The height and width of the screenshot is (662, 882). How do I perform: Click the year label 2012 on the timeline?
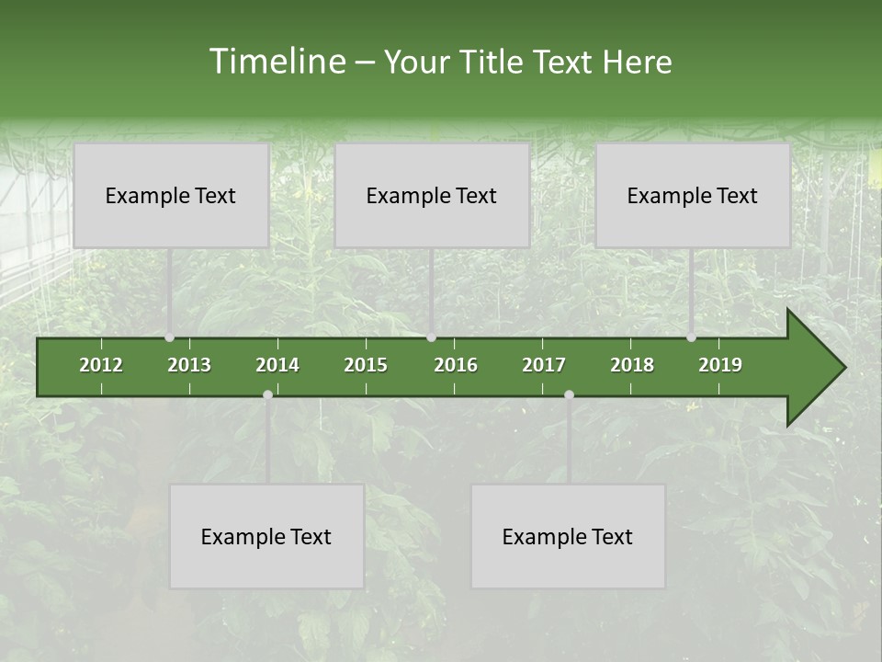click(101, 365)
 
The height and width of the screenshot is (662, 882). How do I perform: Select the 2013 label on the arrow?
click(189, 365)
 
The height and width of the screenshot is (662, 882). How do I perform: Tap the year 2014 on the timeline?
click(277, 365)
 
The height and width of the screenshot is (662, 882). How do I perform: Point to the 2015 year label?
click(366, 365)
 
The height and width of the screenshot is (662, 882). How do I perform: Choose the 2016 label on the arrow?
click(456, 365)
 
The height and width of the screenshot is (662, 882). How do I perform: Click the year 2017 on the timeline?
click(544, 365)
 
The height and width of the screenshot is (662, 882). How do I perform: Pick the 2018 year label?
click(632, 365)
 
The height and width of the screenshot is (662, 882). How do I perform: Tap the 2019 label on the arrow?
click(720, 365)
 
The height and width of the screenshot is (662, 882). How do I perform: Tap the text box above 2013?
click(171, 195)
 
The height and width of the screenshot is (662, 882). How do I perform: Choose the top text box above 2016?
click(432, 195)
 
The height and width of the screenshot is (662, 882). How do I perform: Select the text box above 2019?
click(693, 195)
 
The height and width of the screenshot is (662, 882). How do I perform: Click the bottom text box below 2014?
click(266, 536)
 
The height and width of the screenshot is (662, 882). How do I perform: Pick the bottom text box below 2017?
click(568, 536)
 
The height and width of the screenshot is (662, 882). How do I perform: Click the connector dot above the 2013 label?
click(169, 337)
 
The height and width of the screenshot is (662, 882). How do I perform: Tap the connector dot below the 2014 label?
click(267, 395)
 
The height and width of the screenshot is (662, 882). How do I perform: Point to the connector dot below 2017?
click(569, 395)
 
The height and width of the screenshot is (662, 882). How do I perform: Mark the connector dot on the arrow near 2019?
click(691, 337)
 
